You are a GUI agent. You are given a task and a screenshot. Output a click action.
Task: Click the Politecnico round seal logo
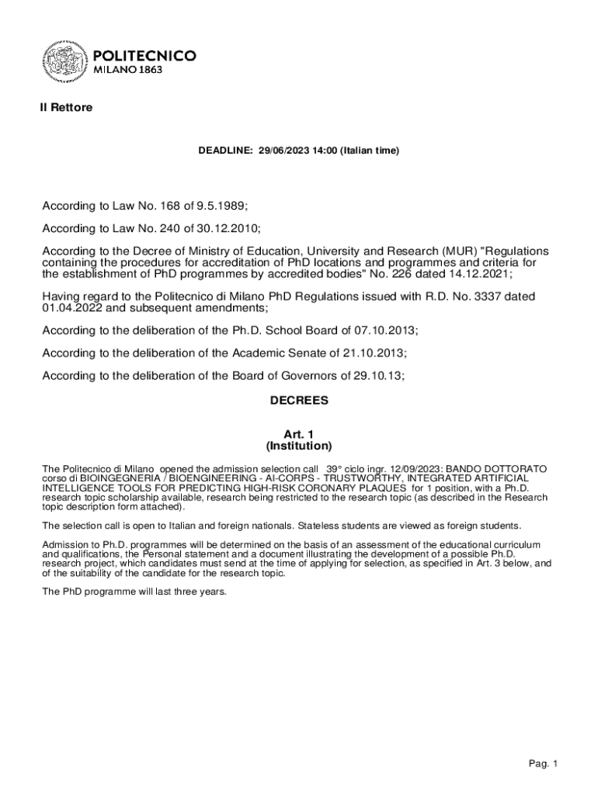pos(64,61)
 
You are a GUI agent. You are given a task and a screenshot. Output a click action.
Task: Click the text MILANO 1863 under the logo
pos(128,70)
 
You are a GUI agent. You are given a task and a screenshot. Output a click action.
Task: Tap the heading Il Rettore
pos(66,108)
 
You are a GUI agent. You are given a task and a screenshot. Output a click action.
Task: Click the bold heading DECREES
pos(299,401)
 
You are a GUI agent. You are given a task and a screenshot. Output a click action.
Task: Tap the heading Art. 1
pos(299,435)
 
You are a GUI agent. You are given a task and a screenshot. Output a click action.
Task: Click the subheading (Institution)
pos(299,446)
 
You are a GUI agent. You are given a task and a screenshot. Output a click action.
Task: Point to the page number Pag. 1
pos(544,765)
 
